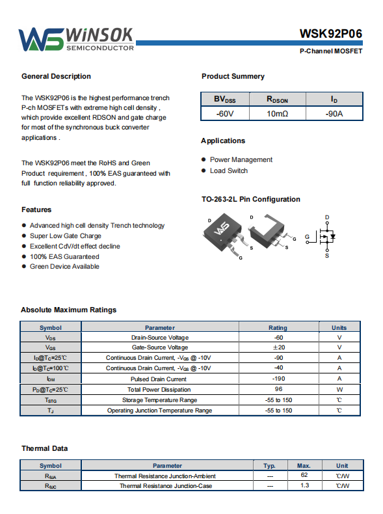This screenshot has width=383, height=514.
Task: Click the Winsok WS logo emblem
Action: click(41, 39)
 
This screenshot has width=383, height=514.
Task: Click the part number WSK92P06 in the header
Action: click(330, 34)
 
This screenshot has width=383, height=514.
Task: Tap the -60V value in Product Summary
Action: click(225, 114)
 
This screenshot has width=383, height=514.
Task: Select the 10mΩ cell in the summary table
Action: click(277, 114)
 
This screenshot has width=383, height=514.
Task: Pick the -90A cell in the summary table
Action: click(334, 114)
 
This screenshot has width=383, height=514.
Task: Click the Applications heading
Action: click(223, 141)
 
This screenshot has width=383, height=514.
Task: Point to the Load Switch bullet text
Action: click(229, 170)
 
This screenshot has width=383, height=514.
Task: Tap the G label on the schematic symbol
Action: click(307, 237)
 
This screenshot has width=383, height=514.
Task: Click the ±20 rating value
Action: click(279, 347)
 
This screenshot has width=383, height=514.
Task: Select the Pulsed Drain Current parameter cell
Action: click(159, 379)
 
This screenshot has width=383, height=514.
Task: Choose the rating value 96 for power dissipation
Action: click(278, 389)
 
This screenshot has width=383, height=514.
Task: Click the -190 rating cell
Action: click(278, 379)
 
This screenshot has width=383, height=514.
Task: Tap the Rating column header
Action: click(278, 327)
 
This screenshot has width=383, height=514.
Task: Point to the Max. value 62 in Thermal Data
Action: click(304, 475)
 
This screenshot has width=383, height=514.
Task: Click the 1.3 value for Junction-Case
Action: click(305, 485)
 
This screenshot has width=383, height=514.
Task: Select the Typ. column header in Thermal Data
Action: click(269, 465)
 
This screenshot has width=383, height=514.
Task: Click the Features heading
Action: click(36, 210)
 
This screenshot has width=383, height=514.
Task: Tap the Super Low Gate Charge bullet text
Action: click(66, 236)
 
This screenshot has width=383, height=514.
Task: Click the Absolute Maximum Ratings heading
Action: click(68, 310)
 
